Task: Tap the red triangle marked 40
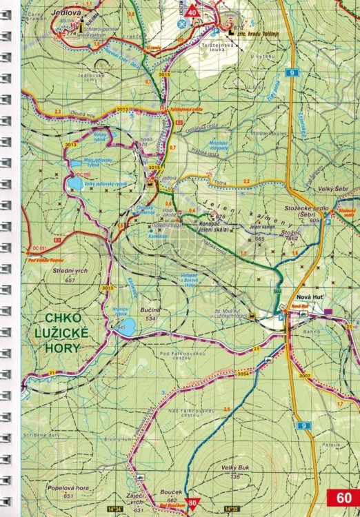191,11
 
